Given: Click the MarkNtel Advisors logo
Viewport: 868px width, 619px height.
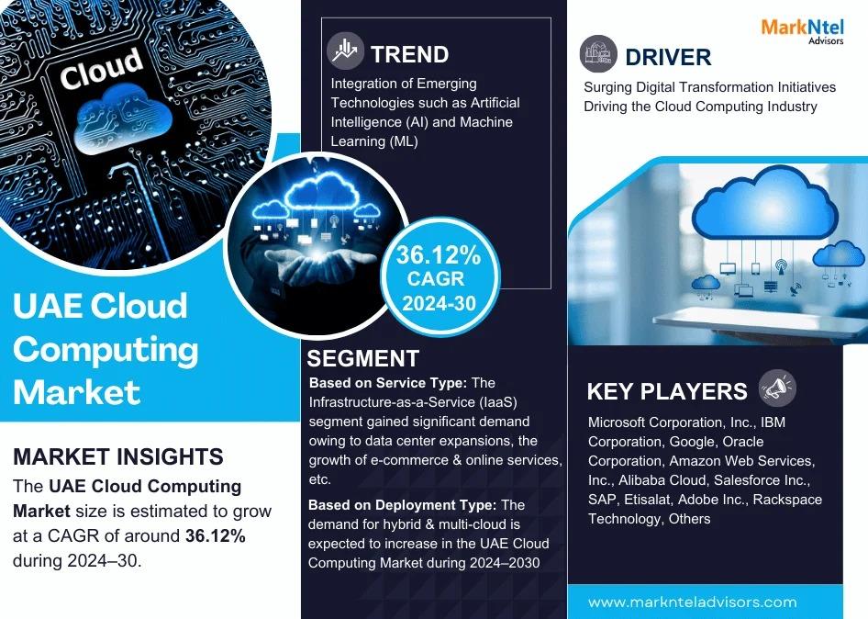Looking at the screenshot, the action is pyautogui.click(x=802, y=31).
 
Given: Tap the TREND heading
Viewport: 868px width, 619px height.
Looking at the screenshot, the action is pyautogui.click(x=409, y=55).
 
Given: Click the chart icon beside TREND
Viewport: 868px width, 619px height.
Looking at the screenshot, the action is pyautogui.click(x=345, y=51).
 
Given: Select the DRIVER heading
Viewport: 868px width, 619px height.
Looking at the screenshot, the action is pyautogui.click(x=668, y=57).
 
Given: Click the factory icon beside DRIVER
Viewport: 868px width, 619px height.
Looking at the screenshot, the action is pyautogui.click(x=598, y=54).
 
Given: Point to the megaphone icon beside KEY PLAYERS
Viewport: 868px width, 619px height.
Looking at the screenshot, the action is pyautogui.click(x=777, y=388).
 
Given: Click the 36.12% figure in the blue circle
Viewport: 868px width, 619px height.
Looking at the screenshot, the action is pyautogui.click(x=439, y=255).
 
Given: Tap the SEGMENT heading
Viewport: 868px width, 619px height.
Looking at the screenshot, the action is pyautogui.click(x=362, y=358).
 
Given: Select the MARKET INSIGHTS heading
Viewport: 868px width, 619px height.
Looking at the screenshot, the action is pyautogui.click(x=118, y=456).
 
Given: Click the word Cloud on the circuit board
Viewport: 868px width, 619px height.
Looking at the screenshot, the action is pyautogui.click(x=101, y=68).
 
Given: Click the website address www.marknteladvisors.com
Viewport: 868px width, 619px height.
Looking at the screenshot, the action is pyautogui.click(x=693, y=602).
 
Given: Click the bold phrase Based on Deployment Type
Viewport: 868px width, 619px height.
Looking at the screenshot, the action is pyautogui.click(x=403, y=505).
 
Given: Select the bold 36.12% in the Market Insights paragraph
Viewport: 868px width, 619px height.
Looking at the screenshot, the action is pyautogui.click(x=216, y=535).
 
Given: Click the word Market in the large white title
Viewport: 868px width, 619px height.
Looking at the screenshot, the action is pyautogui.click(x=76, y=392).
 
